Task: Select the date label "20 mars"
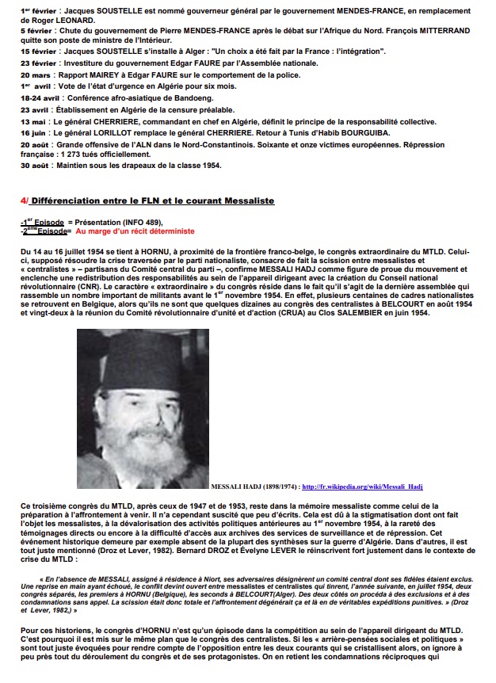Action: coord(36,74)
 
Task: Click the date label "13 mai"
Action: coord(33,122)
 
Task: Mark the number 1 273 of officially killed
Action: coord(80,155)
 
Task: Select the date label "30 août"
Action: coord(36,166)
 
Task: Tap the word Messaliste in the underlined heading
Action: coord(242,201)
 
